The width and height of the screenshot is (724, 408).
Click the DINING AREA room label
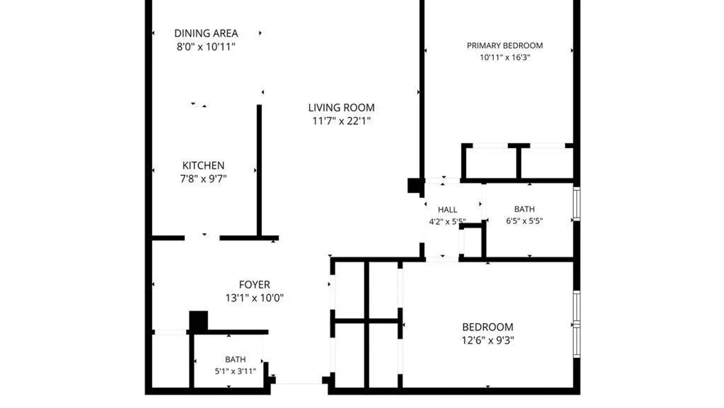coord(206,33)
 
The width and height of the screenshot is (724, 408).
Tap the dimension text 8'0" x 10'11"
coord(206,46)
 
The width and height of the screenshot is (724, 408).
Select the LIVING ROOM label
coord(341,108)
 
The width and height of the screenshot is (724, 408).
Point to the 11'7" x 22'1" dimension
coord(341,121)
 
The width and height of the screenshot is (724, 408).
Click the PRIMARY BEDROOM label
coord(505,46)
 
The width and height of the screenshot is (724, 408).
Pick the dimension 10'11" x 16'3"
coord(505,57)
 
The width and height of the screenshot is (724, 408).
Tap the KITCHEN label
coord(203,165)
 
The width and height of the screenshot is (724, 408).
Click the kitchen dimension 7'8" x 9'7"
coord(203,179)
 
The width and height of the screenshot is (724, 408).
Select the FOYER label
coord(255,284)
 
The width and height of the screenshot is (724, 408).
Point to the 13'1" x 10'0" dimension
coord(255,298)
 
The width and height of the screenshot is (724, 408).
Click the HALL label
coord(448,210)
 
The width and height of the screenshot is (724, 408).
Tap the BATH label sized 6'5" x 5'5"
coord(525,209)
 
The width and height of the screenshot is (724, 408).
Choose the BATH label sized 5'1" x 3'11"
coord(235,359)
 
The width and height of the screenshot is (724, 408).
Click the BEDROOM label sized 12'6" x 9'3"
coord(488,327)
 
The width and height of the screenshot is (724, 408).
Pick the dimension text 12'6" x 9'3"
coord(488,340)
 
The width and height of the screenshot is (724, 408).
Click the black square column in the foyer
coord(198,321)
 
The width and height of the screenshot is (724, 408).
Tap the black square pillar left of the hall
coord(414,185)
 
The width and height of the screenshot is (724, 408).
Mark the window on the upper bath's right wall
coord(577,204)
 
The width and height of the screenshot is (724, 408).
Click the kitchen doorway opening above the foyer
coord(202,238)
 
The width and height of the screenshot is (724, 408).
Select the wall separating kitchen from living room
coord(259,171)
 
